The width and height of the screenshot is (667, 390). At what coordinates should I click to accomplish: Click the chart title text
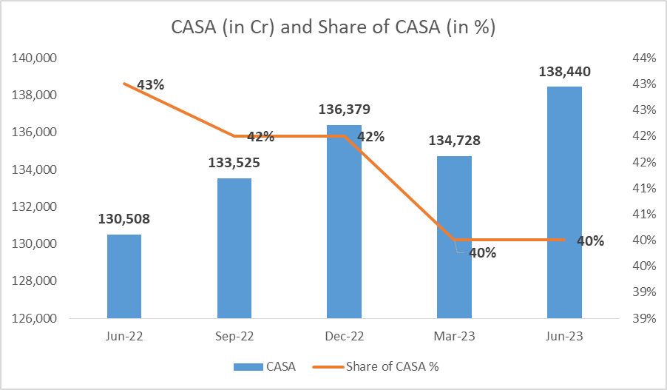coord(333,27)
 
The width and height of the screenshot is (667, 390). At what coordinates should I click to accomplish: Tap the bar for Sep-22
coord(234,248)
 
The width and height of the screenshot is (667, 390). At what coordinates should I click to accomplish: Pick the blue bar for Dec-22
coord(344,222)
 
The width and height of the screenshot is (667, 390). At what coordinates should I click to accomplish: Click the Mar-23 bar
coord(454,237)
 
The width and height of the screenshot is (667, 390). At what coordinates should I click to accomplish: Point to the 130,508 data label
coord(123,219)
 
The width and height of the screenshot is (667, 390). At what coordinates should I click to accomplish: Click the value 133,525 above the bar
coord(234,163)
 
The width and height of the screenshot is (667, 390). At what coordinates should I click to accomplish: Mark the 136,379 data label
coord(344,110)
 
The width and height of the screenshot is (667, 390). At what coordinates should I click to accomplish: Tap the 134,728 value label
coord(454,141)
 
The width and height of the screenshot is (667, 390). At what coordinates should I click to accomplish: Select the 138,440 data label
coord(564,71)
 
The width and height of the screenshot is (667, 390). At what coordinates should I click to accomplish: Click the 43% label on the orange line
coord(151,84)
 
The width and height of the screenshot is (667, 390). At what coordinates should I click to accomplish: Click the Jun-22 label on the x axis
coord(123,336)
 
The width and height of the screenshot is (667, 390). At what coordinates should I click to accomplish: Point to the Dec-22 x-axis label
coord(344,336)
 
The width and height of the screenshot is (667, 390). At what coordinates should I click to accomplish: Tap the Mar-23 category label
coord(454,336)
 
